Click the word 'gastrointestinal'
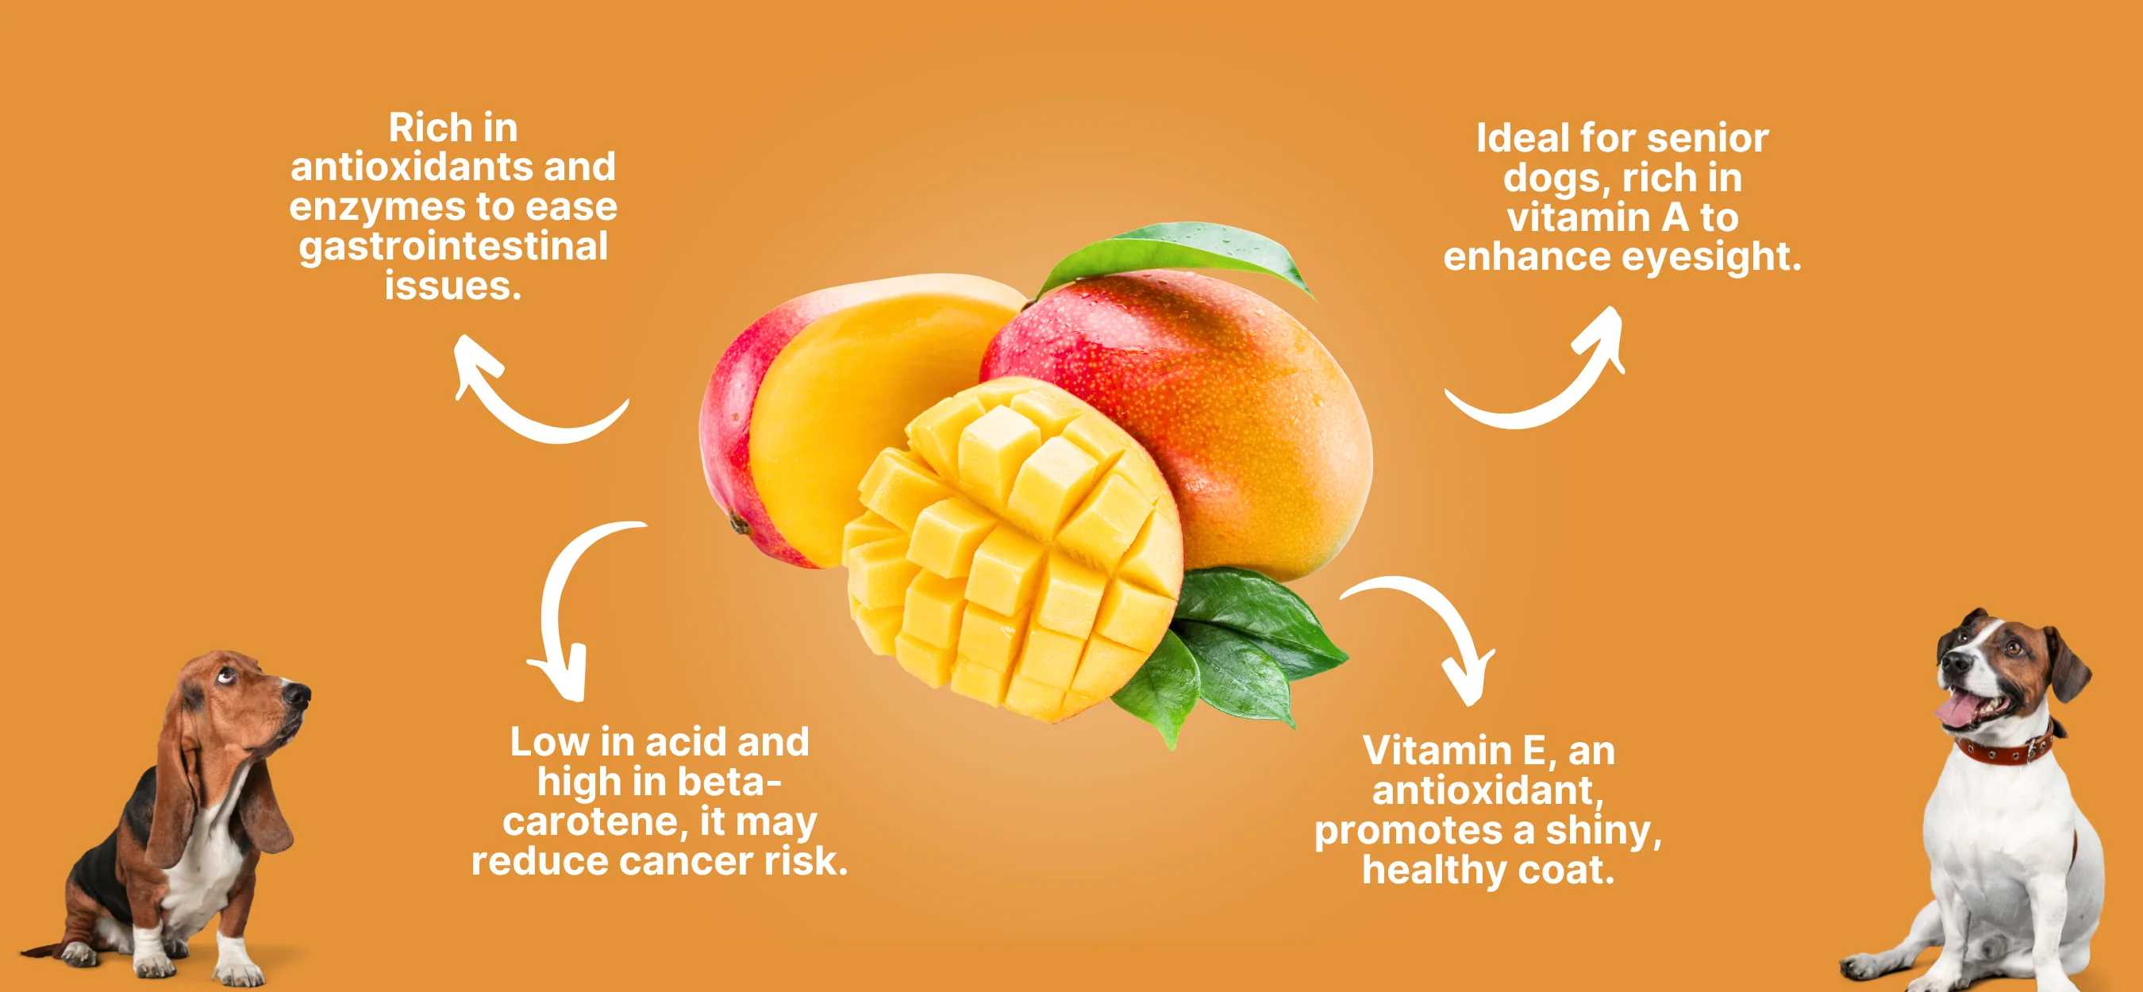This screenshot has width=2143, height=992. tap(453, 247)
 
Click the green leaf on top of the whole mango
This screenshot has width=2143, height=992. tap(1181, 249)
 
